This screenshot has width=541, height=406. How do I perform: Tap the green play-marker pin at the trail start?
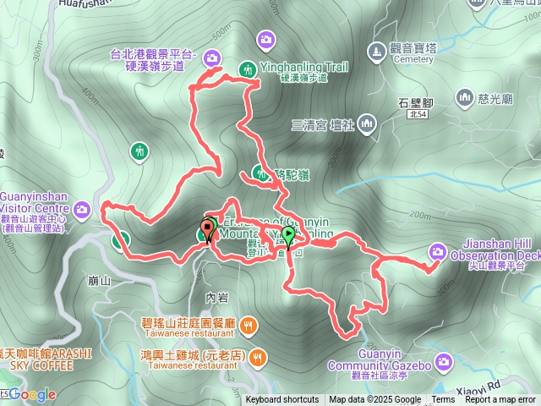(x=288, y=236)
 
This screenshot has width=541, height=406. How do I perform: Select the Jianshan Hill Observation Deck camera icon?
(x=438, y=250)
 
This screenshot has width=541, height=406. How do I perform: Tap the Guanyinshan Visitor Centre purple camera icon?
(x=82, y=208)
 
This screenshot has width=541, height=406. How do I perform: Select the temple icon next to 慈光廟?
(x=464, y=99)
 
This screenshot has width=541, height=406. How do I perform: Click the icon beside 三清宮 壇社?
(x=366, y=125)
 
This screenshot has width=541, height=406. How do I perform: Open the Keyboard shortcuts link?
(x=282, y=400)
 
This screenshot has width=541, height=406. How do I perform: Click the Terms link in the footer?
(x=443, y=400)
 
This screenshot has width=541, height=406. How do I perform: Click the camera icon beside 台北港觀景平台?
(x=211, y=58)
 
